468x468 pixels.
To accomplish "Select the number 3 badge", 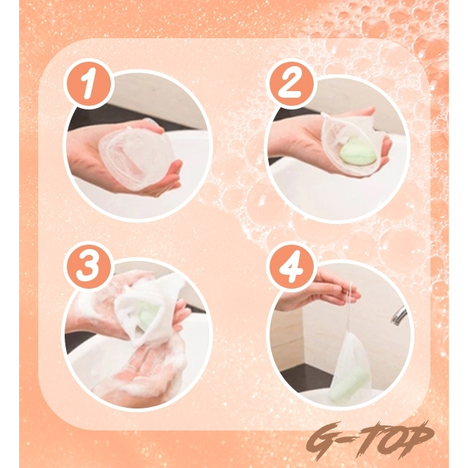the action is tap(89, 266).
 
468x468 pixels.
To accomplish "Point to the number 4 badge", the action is tap(292, 266).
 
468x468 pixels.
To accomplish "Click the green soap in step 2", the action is tap(358, 154).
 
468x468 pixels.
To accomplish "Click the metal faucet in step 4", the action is tap(399, 316).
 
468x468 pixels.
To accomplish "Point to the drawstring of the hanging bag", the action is tap(349, 307).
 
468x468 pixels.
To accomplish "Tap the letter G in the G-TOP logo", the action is tap(323, 441).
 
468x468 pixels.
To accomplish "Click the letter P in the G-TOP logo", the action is tap(417, 438).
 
